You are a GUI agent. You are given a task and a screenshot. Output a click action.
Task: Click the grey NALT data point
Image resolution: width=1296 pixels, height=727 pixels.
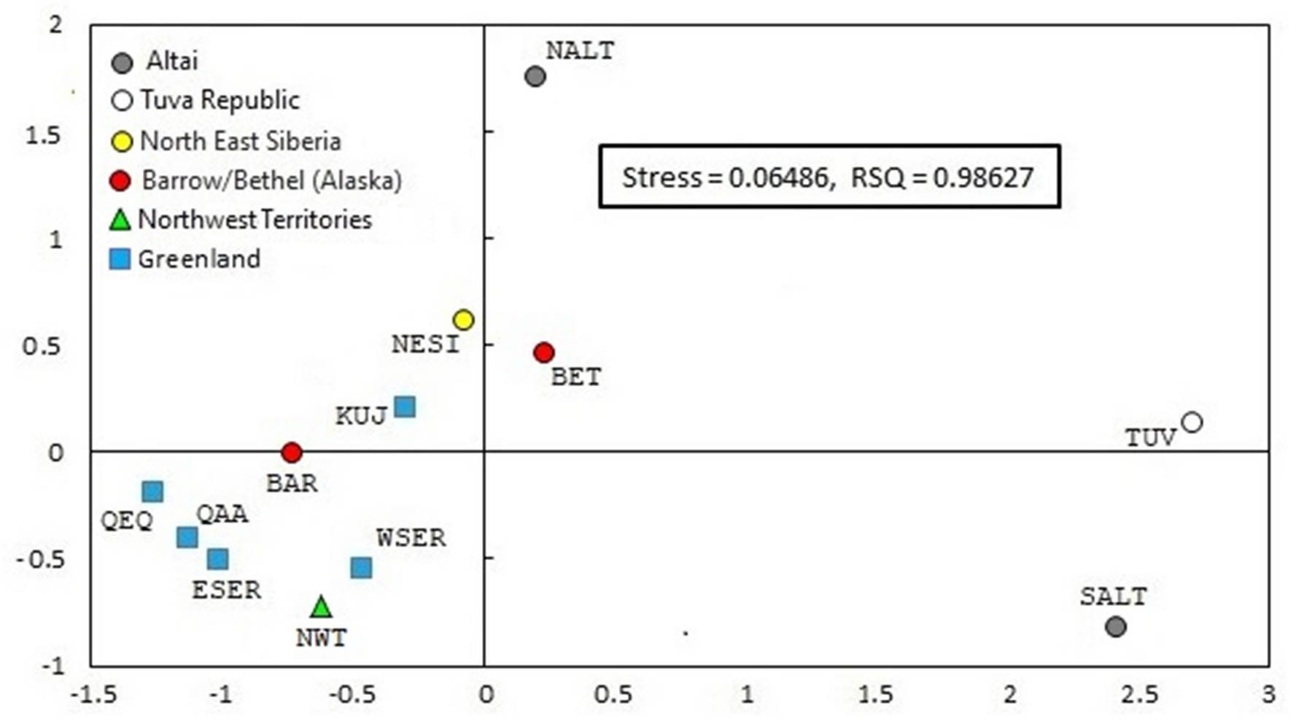pyautogui.click(x=535, y=76)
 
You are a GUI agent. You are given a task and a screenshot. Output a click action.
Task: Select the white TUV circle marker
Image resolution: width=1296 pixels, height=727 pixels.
pyautogui.click(x=1191, y=422)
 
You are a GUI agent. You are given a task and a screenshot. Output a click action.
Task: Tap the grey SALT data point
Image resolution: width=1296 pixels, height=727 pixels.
pyautogui.click(x=1115, y=626)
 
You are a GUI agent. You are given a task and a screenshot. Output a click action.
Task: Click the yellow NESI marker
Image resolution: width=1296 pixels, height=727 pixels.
pyautogui.click(x=463, y=320)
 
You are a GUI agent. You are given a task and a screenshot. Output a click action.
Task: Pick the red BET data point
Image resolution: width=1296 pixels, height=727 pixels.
pyautogui.click(x=543, y=353)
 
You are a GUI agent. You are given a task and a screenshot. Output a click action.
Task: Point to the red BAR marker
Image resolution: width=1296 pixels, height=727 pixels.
pyautogui.click(x=292, y=453)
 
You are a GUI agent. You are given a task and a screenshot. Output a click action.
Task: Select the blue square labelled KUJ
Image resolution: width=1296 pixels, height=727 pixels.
pyautogui.click(x=405, y=407)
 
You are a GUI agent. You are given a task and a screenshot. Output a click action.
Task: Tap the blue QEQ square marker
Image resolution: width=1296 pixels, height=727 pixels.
pyautogui.click(x=152, y=491)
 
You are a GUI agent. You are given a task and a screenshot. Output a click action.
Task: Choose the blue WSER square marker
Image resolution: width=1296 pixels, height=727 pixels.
pyautogui.click(x=361, y=567)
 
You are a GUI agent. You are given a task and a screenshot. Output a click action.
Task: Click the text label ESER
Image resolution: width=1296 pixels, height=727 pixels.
pyautogui.click(x=226, y=590)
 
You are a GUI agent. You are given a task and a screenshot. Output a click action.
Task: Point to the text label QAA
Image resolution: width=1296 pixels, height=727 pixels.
pyautogui.click(x=222, y=514)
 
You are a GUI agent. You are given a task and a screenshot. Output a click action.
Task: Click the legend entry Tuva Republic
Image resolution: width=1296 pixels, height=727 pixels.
pyautogui.click(x=219, y=100)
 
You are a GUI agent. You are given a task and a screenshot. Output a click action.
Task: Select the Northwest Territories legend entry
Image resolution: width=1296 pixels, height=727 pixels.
pyautogui.click(x=255, y=220)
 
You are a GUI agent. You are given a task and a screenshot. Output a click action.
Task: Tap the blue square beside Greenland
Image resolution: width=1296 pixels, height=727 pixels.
pyautogui.click(x=120, y=258)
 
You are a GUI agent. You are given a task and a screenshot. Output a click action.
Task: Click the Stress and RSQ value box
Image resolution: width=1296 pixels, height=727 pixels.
pyautogui.click(x=829, y=177)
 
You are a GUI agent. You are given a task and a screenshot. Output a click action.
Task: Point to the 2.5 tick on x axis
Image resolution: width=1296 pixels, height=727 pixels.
pyautogui.click(x=1139, y=694)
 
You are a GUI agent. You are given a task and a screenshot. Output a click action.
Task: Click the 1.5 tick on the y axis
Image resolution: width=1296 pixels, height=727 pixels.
pyautogui.click(x=44, y=136)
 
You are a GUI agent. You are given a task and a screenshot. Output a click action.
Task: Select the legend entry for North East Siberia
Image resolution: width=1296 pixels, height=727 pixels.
pyautogui.click(x=240, y=141)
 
